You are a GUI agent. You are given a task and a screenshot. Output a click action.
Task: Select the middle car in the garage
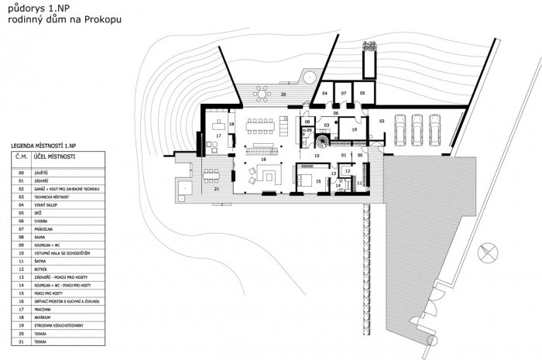pyautogui.click(x=417, y=130)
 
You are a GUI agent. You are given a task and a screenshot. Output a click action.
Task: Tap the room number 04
pyautogui.click(x=325, y=93)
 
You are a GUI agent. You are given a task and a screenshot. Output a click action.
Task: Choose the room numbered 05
pyautogui.click(x=362, y=93)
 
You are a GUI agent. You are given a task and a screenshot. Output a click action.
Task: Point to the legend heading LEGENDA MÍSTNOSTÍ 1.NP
pyautogui.click(x=44, y=146)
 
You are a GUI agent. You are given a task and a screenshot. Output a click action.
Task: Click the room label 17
pyautogui.click(x=218, y=136)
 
